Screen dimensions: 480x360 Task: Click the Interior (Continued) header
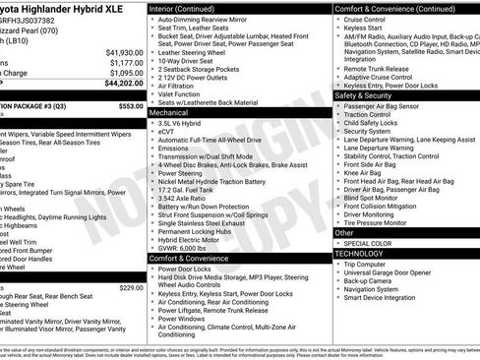point(190,8)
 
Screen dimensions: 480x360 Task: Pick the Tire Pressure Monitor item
point(387,223)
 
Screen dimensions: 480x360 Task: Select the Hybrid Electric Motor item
point(192,238)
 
